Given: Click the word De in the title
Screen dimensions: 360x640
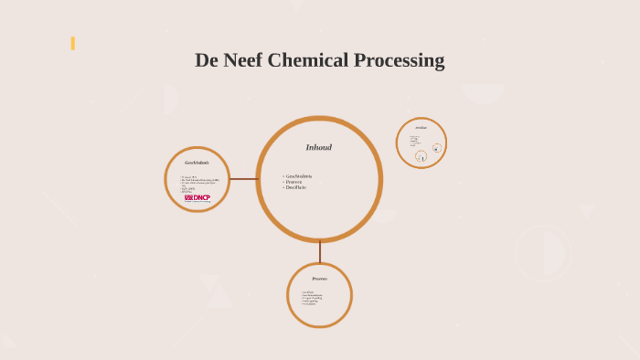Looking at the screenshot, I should click(207, 61).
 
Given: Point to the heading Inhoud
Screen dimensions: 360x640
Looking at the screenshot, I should click(319, 147).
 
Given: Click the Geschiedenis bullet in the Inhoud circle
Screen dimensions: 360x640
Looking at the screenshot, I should click(299, 175).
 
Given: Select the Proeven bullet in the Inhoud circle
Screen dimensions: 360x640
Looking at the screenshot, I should click(294, 181).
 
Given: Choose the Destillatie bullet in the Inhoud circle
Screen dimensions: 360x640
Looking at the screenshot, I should click(296, 186).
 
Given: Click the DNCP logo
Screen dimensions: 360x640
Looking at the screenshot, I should click(197, 197).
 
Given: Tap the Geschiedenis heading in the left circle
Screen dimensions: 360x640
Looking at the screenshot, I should click(197, 163).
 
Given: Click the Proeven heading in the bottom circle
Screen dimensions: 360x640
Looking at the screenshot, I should click(319, 279).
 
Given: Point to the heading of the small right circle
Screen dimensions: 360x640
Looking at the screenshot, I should click(421, 128).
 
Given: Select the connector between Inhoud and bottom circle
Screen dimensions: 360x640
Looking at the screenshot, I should click(319, 251).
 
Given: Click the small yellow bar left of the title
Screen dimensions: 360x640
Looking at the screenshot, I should click(72, 43).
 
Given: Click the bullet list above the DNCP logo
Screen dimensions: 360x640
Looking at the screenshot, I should click(198, 183).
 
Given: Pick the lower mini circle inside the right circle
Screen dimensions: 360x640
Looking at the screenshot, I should click(421, 156).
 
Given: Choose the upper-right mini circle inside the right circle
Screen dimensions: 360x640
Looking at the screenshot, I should click(436, 148).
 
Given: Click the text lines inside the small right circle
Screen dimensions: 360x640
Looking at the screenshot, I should click(414, 141).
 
